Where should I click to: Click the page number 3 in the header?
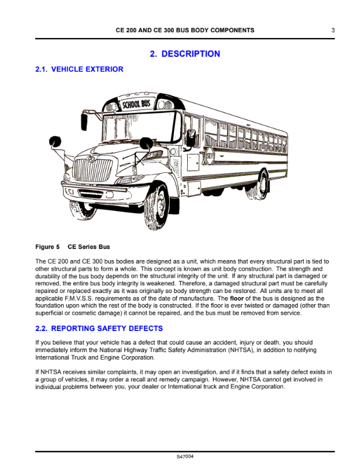point(332,30)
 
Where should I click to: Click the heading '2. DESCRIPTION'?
point(185,54)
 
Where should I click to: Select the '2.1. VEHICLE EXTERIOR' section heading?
point(80,69)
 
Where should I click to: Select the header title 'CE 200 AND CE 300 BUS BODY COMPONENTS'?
point(185,30)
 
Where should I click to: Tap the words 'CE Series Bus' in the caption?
point(89,247)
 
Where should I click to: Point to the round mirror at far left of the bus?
point(55,141)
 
